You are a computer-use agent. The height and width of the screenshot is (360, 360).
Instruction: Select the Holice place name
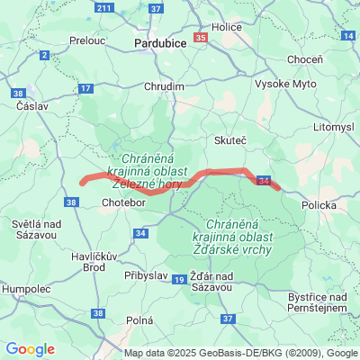[227, 27]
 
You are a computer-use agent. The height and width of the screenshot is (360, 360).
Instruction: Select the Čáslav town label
[32, 105]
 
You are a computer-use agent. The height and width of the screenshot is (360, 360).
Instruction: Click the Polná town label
[140, 320]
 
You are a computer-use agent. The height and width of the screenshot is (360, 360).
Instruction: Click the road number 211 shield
[104, 8]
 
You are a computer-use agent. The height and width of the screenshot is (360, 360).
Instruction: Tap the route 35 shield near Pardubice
[200, 38]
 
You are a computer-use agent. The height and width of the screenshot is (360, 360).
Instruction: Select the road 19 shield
[179, 282]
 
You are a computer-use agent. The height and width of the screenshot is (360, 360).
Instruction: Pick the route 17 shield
[85, 88]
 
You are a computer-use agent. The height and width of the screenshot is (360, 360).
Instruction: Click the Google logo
[31, 349]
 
